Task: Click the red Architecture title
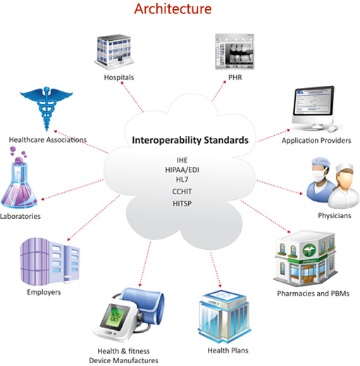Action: click(x=173, y=9)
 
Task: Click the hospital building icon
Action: click(x=114, y=52)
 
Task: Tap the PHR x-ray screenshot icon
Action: click(x=235, y=51)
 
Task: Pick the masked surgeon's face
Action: click(x=319, y=173)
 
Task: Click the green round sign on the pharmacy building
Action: click(x=309, y=251)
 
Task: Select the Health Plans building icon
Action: click(x=224, y=316)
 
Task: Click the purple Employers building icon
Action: click(x=50, y=261)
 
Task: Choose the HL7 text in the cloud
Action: click(x=182, y=179)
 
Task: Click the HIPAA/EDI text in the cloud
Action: click(x=182, y=170)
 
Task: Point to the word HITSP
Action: click(x=182, y=203)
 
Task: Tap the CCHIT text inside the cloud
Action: click(x=182, y=191)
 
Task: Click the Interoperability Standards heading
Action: click(x=190, y=140)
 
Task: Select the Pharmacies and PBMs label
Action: click(x=313, y=294)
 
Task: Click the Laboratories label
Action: click(x=20, y=216)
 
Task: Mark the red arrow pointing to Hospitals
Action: click(x=132, y=97)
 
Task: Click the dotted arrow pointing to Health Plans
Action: click(x=216, y=270)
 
